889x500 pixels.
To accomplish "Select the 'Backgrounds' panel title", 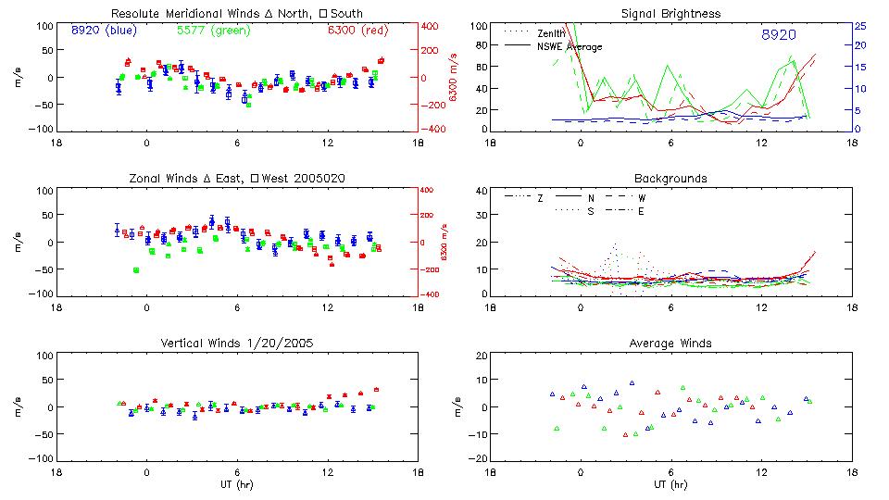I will coord(671,178).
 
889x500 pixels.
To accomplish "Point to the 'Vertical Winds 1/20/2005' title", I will coord(236,343).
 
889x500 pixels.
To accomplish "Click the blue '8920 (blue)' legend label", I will coord(104,31).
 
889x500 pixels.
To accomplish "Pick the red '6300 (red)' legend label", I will coord(357,31).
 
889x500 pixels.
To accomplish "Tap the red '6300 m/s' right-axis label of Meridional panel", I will coord(453,77).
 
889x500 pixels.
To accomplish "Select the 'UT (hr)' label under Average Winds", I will coord(671,484).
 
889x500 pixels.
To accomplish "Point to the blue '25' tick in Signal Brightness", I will coord(860,26).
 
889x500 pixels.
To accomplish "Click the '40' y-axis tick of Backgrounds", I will coord(481,192).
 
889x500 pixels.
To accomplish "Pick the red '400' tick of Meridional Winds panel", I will coord(431,26).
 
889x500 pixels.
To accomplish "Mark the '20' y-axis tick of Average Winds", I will coord(481,356).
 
